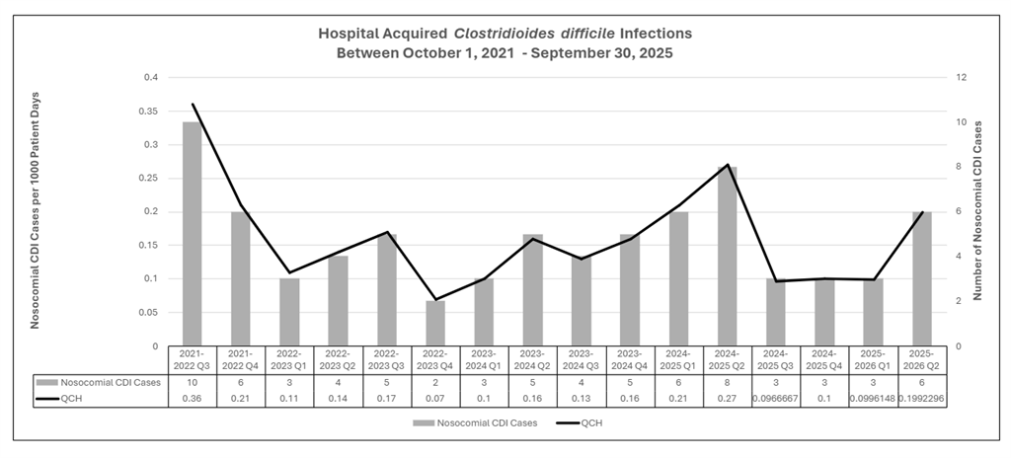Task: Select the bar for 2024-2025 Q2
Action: point(727,256)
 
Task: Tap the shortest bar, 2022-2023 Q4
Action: point(434,323)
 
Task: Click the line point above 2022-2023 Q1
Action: point(288,272)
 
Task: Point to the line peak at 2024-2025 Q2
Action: point(727,165)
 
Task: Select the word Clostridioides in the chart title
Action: point(509,34)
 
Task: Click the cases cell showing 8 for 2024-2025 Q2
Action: point(727,381)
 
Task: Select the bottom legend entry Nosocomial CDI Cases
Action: point(469,422)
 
